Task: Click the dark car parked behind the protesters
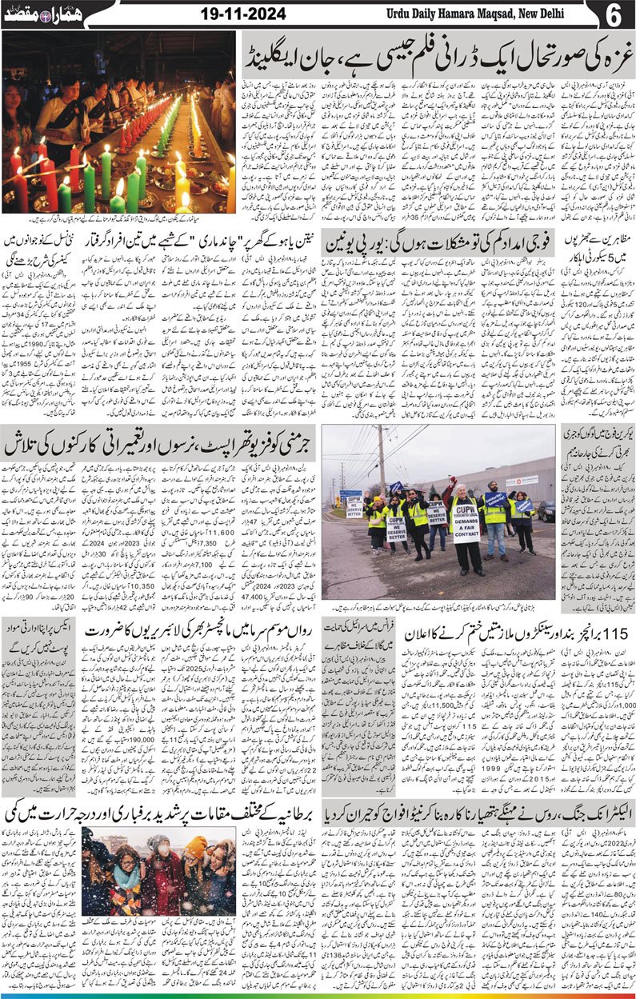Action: pyautogui.click(x=546, y=511)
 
